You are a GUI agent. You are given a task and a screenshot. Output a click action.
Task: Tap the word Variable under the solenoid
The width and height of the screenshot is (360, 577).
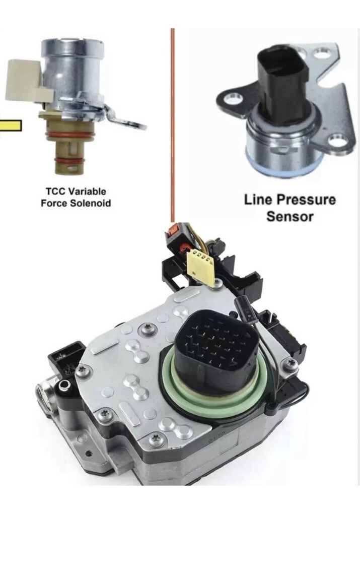(x=88, y=191)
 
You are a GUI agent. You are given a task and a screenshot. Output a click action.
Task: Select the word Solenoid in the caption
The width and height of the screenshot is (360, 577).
(x=91, y=203)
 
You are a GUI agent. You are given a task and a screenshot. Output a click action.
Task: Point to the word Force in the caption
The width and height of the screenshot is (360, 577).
(x=54, y=203)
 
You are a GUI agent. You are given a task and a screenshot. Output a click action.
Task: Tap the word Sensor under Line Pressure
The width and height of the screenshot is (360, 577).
(x=290, y=216)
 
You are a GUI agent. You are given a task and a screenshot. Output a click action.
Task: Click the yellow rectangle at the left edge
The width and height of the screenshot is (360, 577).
(x=10, y=126)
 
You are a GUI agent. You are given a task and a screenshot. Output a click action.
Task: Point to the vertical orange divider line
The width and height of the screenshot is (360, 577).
(x=172, y=125)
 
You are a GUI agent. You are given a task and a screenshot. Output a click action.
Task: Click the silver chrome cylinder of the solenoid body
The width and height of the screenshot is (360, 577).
(x=74, y=70)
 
